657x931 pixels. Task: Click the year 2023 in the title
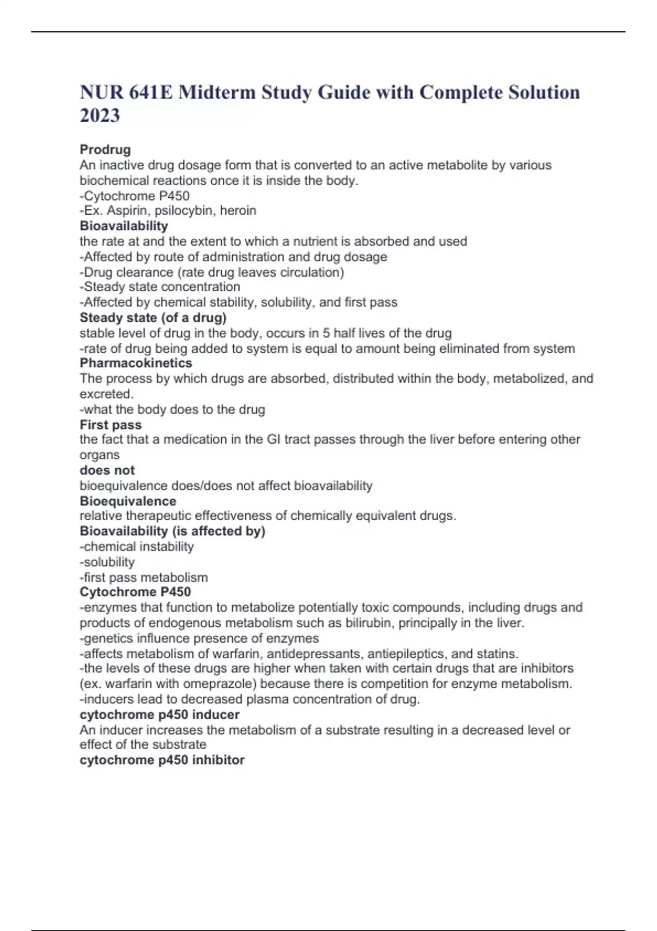click(100, 116)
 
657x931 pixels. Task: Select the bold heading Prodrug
click(105, 150)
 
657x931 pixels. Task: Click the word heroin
click(238, 211)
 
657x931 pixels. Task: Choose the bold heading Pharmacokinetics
click(136, 363)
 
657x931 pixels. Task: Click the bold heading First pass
click(111, 425)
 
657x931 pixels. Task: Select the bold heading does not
click(107, 470)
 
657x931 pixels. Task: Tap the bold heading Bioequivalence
click(128, 501)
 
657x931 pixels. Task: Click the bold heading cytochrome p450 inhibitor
click(162, 760)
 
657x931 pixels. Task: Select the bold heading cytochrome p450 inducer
click(159, 715)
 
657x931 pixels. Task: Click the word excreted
click(106, 394)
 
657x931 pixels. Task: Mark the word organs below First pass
click(99, 455)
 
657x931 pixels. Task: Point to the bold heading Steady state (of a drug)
click(153, 318)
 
